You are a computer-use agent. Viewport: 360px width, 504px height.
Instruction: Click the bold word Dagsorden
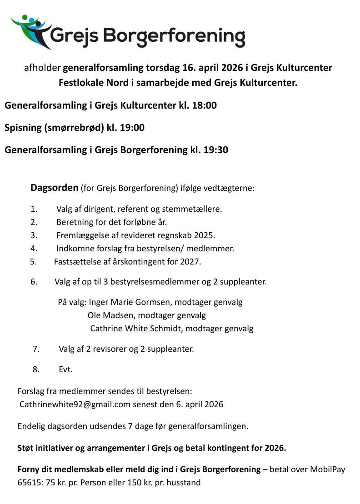pos(54,188)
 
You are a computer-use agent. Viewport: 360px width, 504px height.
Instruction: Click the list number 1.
pos(33,209)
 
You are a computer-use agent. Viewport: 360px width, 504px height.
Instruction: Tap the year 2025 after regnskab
pos(204,235)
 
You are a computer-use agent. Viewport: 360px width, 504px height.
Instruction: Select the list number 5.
pos(33,262)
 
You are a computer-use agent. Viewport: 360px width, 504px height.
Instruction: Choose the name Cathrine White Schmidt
pos(136,328)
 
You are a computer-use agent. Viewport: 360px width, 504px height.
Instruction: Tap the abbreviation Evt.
pos(65,369)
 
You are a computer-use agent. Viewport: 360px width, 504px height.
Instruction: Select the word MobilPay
pos(323,469)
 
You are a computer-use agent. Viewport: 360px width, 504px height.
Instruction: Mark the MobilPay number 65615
pos(28,482)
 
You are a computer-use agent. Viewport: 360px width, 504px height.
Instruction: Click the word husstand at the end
pos(183,482)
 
